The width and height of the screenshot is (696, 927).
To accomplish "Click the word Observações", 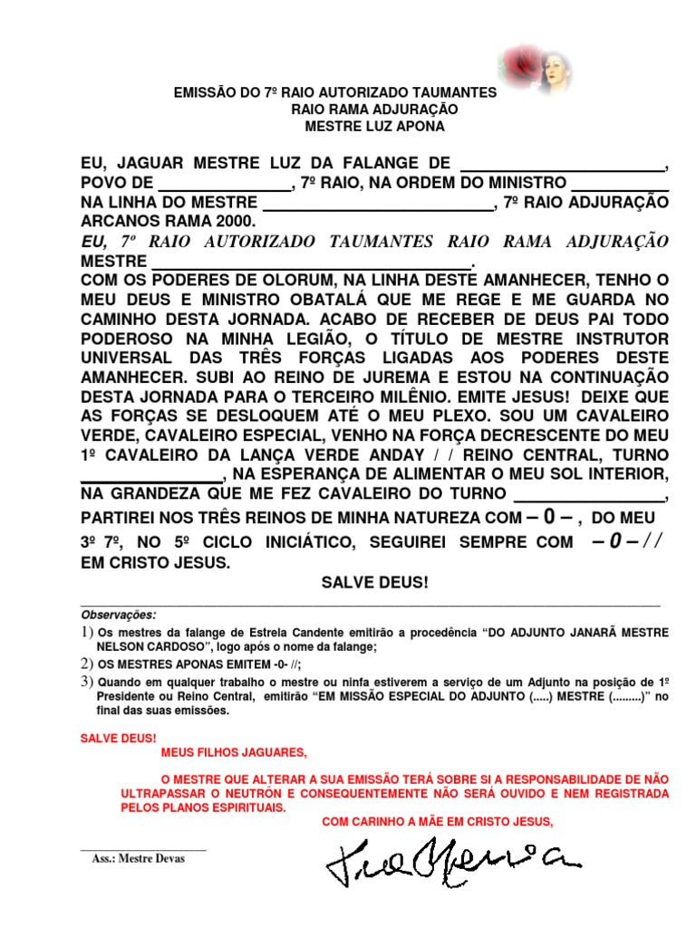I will tap(118, 614).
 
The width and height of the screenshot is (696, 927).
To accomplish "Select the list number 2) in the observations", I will tap(87, 664).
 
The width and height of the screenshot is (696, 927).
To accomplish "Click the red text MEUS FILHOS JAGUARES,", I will tap(234, 753).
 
